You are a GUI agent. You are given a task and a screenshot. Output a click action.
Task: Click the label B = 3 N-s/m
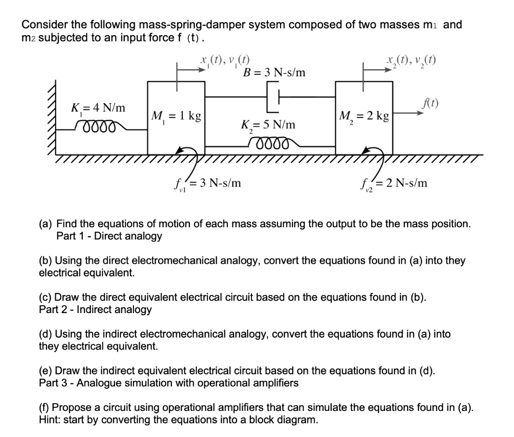(x=274, y=74)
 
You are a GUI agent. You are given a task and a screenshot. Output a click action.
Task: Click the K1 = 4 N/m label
(x=98, y=108)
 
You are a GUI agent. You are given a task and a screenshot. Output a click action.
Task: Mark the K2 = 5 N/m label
(x=269, y=124)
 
